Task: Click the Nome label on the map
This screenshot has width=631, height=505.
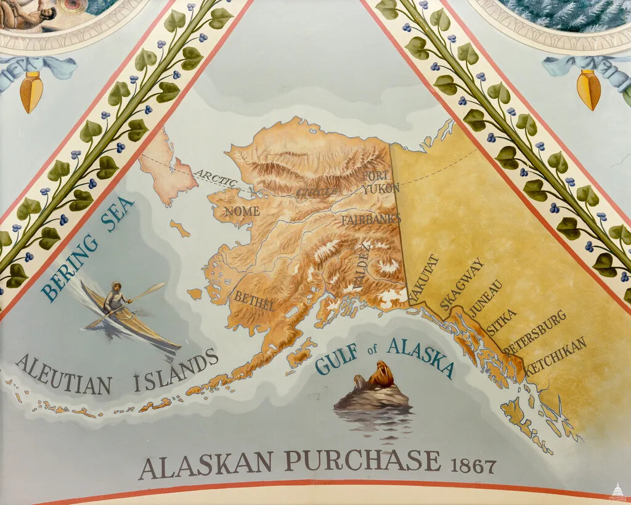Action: (242, 211)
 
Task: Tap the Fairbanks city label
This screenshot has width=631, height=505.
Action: (371, 219)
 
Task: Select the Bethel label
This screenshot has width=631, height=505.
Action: (254, 301)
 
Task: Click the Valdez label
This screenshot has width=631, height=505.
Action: (362, 266)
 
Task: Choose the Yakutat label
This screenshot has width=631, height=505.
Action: (423, 278)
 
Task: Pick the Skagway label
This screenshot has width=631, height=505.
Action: (462, 284)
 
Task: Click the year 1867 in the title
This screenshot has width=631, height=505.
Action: (473, 466)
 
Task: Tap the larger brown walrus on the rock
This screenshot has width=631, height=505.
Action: (382, 374)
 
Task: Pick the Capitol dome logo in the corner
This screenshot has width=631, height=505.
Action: (617, 491)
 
